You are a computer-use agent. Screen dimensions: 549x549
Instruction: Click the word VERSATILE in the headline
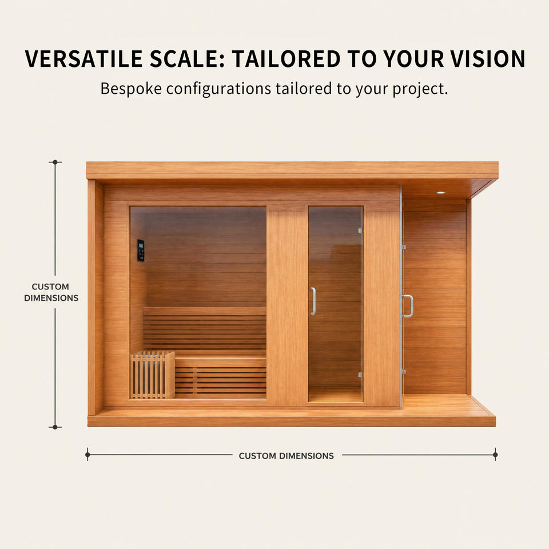pyautogui.click(x=83, y=58)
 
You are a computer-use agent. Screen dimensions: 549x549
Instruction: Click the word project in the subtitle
pyautogui.click(x=420, y=89)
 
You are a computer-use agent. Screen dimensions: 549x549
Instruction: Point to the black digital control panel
pyautogui.click(x=141, y=250)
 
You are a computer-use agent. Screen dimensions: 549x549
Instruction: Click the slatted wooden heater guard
pyautogui.click(x=153, y=375)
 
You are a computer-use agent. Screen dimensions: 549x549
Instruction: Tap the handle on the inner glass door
pyautogui.click(x=313, y=301)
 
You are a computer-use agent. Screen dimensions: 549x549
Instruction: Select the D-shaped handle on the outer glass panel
pyautogui.click(x=408, y=306)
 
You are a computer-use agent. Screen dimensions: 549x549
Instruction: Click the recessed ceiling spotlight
pyautogui.click(x=440, y=193)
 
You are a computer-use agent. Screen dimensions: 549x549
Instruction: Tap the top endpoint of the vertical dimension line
pyautogui.click(x=55, y=162)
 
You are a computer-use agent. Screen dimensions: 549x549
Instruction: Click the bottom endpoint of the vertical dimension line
pyautogui.click(x=55, y=427)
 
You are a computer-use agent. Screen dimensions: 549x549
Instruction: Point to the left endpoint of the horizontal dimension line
pyautogui.click(x=87, y=455)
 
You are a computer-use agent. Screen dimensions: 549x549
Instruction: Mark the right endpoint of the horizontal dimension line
pyautogui.click(x=495, y=455)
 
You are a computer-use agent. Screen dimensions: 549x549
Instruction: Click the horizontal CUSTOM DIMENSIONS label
pyautogui.click(x=286, y=456)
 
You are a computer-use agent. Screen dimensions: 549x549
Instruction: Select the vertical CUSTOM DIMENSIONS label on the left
pyautogui.click(x=51, y=292)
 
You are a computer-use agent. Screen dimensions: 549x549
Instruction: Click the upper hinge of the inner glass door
pyautogui.click(x=360, y=230)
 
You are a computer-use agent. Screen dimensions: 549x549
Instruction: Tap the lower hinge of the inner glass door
pyautogui.click(x=360, y=375)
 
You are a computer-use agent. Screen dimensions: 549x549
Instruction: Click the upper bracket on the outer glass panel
pyautogui.click(x=403, y=247)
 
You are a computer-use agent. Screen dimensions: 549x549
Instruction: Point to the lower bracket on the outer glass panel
pyautogui.click(x=403, y=372)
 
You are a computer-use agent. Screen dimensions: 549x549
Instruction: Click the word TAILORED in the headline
pyautogui.click(x=286, y=58)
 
